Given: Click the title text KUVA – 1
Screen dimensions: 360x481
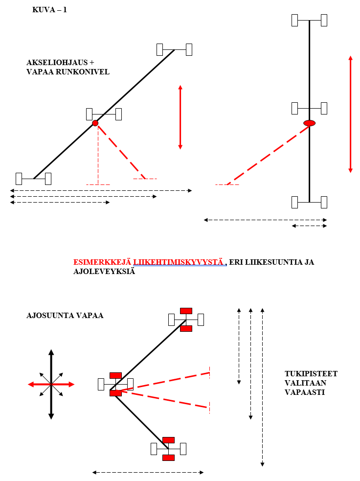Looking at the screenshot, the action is [x=49, y=10].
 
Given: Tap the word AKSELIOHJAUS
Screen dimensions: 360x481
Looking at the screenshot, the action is [x=57, y=63].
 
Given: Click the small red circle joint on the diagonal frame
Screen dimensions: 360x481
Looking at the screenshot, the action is [x=95, y=123].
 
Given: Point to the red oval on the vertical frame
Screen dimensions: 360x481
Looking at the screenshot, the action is [x=310, y=123].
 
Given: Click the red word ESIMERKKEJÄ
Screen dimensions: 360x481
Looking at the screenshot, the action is [x=102, y=262].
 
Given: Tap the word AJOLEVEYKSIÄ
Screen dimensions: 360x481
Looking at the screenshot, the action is [x=104, y=272].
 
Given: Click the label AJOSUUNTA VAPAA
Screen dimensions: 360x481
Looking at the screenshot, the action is [x=65, y=316].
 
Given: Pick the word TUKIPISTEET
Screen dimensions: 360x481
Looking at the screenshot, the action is [x=311, y=374].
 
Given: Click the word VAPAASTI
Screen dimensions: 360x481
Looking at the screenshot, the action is [x=305, y=392].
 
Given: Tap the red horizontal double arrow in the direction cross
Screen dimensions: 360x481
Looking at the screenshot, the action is [x=51, y=385].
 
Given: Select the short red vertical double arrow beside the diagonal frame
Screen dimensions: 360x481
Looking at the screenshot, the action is [x=180, y=117].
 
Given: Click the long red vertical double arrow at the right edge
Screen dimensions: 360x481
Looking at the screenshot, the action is [x=351, y=114].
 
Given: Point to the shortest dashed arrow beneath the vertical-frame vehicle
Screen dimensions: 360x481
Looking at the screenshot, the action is [x=310, y=226].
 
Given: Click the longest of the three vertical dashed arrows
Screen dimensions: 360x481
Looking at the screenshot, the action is [x=263, y=387].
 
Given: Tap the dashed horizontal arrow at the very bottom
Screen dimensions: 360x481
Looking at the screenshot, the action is [x=148, y=472].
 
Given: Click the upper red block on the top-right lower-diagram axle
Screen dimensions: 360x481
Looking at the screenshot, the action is [x=186, y=311].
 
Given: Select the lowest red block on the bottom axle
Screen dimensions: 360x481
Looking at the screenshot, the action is [x=168, y=458].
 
